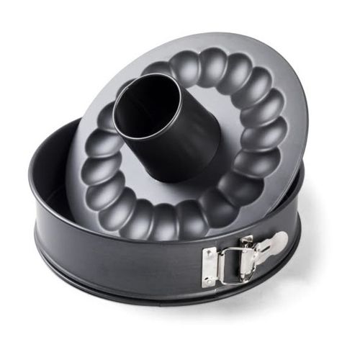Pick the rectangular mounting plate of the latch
[x=210, y=267]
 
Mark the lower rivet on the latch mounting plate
[x=210, y=279]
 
